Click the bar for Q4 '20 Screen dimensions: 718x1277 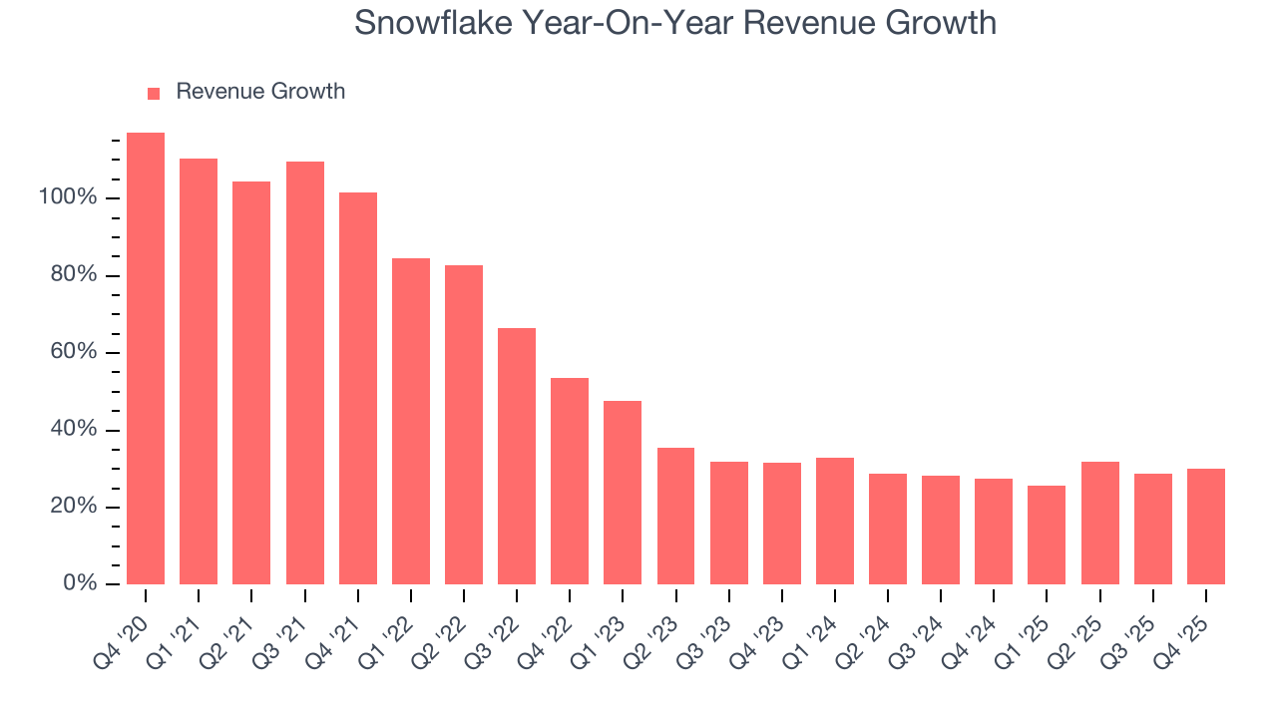146,359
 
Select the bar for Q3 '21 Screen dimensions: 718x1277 304,373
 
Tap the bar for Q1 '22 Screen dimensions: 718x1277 410,421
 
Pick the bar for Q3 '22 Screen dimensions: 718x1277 517,456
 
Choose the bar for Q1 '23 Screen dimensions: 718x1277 623,493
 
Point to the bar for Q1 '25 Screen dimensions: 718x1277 1047,535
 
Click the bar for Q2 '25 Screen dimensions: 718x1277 1099,523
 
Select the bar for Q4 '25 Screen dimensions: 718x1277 1205,527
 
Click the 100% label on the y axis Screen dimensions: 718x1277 68,197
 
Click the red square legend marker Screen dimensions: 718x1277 154,93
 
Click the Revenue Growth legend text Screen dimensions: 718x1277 260,92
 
